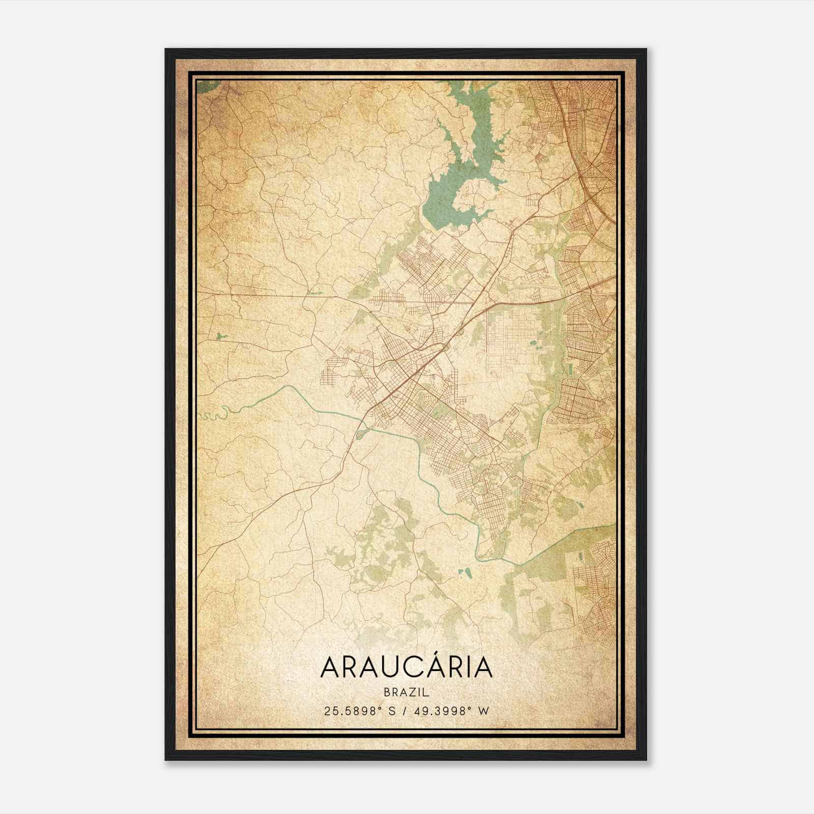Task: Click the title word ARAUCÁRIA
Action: click(x=406, y=667)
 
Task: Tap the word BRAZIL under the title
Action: click(x=406, y=692)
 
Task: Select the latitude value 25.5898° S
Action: click(x=360, y=711)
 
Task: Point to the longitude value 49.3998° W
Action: click(x=453, y=711)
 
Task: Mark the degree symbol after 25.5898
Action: click(x=382, y=708)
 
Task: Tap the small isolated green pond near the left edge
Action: click(x=219, y=336)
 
